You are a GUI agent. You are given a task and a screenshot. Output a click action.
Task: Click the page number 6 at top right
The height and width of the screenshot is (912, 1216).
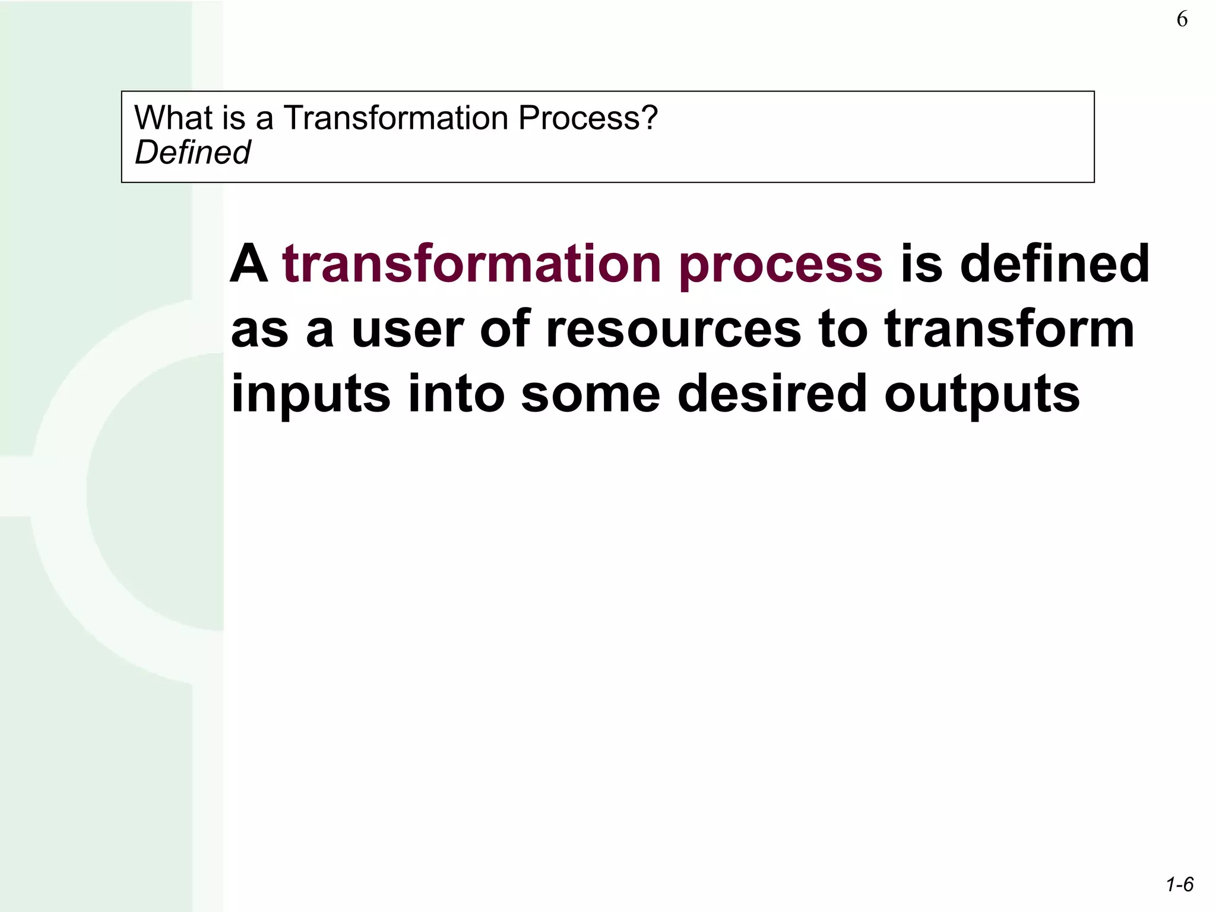pyautogui.click(x=1182, y=20)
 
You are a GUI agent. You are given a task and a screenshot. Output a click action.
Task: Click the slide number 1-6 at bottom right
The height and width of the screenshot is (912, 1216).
pyautogui.click(x=1179, y=885)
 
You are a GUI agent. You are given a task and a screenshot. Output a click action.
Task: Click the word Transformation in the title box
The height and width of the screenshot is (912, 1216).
pyautogui.click(x=395, y=118)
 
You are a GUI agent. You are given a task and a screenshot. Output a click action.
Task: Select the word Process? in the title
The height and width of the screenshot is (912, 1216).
pyautogui.click(x=588, y=118)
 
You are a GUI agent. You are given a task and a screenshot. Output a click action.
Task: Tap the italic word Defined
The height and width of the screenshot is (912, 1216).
pyautogui.click(x=192, y=153)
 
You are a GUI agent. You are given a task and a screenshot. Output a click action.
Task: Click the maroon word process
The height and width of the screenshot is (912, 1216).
pyautogui.click(x=781, y=265)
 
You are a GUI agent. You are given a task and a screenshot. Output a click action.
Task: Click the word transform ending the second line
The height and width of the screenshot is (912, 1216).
pyautogui.click(x=1009, y=330)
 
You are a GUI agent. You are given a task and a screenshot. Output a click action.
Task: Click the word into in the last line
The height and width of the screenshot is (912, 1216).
pyautogui.click(x=456, y=394)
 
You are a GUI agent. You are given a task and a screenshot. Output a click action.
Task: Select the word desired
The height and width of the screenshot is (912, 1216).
pyautogui.click(x=772, y=394)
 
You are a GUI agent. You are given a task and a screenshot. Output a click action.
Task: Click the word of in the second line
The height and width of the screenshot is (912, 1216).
pyautogui.click(x=504, y=330)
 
